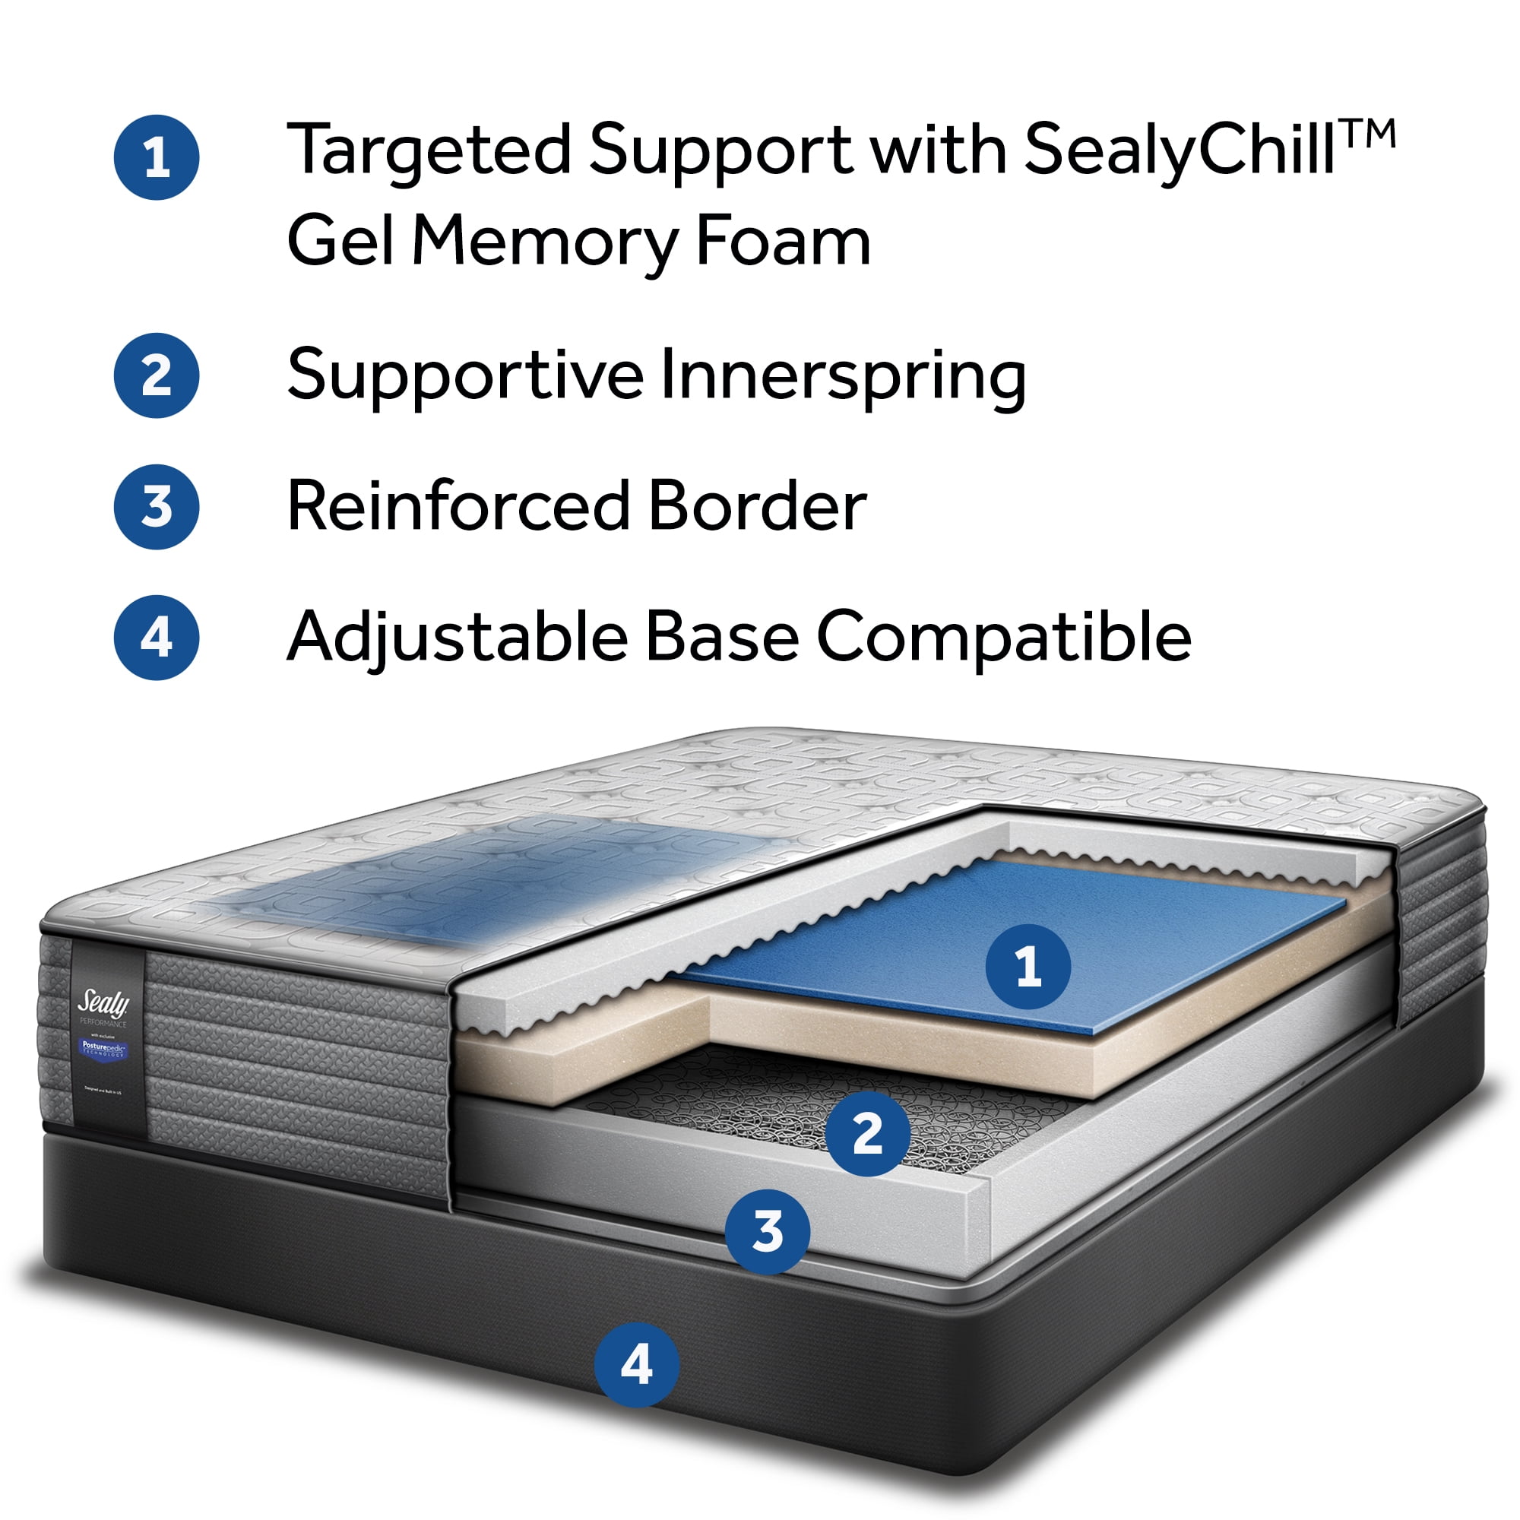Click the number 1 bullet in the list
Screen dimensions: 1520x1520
point(157,157)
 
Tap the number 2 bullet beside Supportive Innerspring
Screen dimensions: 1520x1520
point(157,375)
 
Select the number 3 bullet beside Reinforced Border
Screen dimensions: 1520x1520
point(157,507)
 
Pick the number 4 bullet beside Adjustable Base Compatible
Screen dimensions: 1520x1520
point(157,638)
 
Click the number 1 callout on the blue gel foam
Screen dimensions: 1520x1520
point(1028,967)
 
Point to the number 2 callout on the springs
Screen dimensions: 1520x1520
point(868,1134)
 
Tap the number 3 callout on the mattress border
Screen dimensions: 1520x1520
point(767,1231)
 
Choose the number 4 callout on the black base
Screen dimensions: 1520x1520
point(636,1365)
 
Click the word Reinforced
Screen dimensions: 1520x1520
point(459,506)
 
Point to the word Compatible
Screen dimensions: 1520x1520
point(1004,638)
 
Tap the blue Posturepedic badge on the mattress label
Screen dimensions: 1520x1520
point(104,1049)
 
